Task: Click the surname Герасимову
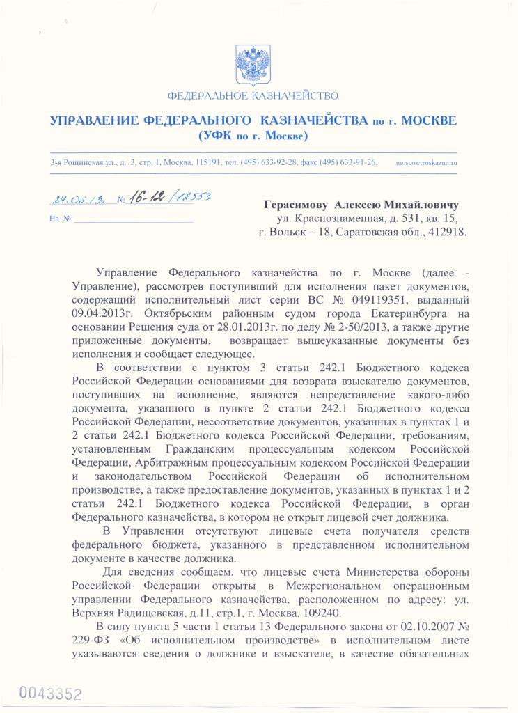click(296, 205)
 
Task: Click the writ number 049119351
click(403, 299)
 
